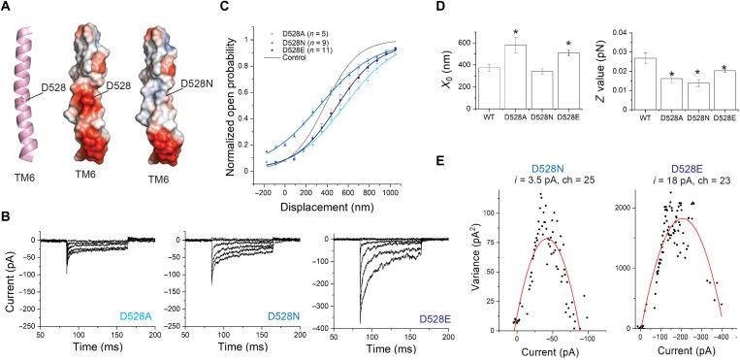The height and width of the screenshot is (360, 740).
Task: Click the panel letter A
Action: click(8, 7)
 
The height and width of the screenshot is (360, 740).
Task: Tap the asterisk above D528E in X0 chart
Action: click(565, 44)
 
